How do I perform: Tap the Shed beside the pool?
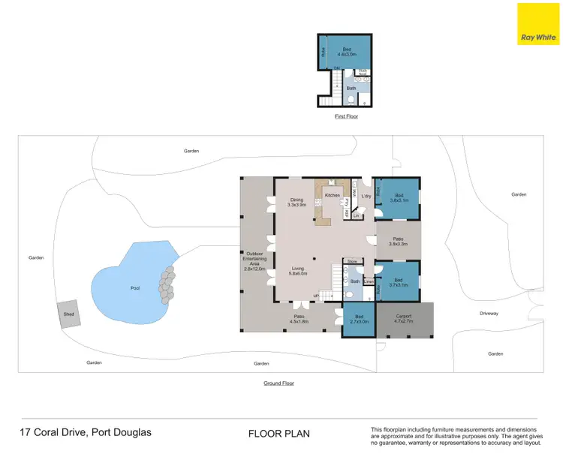point(69,314)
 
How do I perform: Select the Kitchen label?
point(332,195)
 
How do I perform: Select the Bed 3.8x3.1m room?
point(399,198)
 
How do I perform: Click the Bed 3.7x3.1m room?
point(398,282)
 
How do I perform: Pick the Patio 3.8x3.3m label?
point(398,242)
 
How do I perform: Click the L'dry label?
point(366,197)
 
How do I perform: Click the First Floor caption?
point(345,117)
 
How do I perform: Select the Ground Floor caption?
point(278,383)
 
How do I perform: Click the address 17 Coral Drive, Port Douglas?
point(85,433)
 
